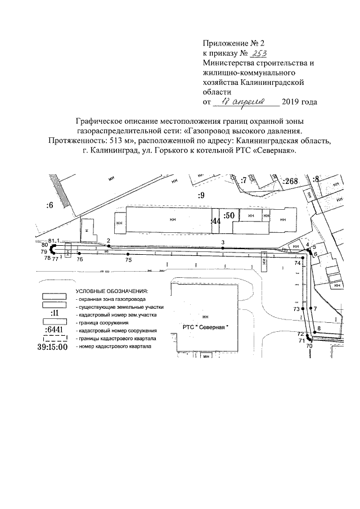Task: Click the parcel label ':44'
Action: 215,222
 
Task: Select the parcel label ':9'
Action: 201,195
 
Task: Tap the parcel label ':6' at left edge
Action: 49,205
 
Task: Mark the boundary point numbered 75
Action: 128,255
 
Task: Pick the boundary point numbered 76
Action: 79,255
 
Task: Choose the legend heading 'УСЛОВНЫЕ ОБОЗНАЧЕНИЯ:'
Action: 111,291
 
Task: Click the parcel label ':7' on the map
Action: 244,181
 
